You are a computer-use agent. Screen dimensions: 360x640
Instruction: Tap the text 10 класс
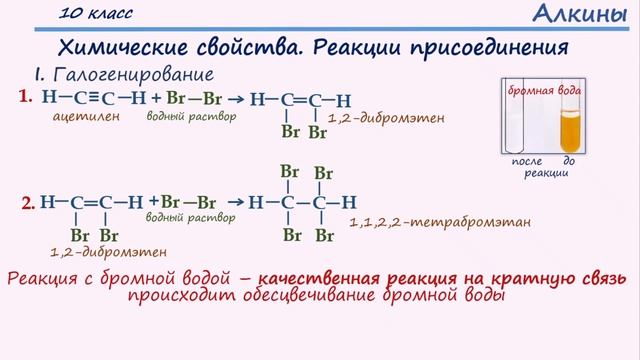click(x=95, y=14)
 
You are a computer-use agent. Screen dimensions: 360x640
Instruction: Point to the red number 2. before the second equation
click(x=29, y=204)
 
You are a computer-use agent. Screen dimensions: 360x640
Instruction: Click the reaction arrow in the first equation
click(x=236, y=99)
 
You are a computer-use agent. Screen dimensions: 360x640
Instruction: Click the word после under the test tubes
click(x=526, y=160)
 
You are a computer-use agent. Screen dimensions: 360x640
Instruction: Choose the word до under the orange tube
click(x=569, y=160)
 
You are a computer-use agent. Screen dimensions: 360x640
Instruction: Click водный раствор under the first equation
click(x=191, y=116)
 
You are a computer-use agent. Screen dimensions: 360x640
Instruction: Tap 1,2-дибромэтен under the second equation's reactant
click(x=108, y=252)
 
